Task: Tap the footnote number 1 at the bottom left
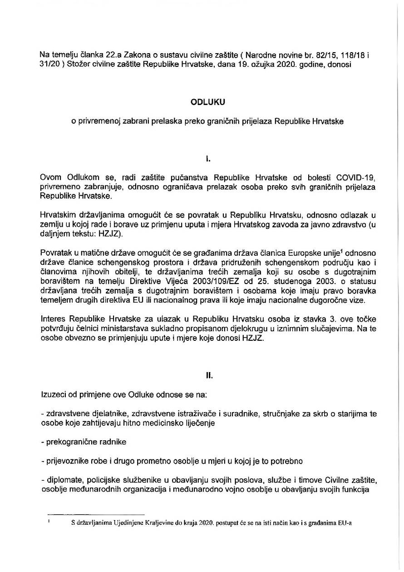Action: [49, 521]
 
